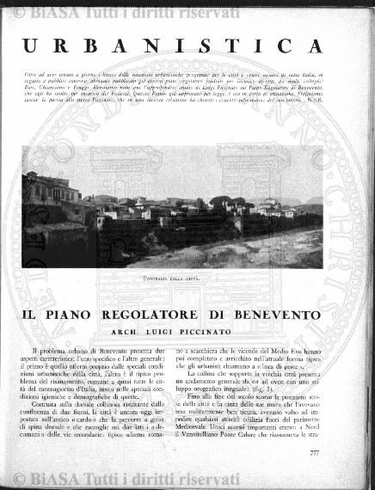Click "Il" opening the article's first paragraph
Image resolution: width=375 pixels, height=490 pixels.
pyautogui.click(x=34, y=352)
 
